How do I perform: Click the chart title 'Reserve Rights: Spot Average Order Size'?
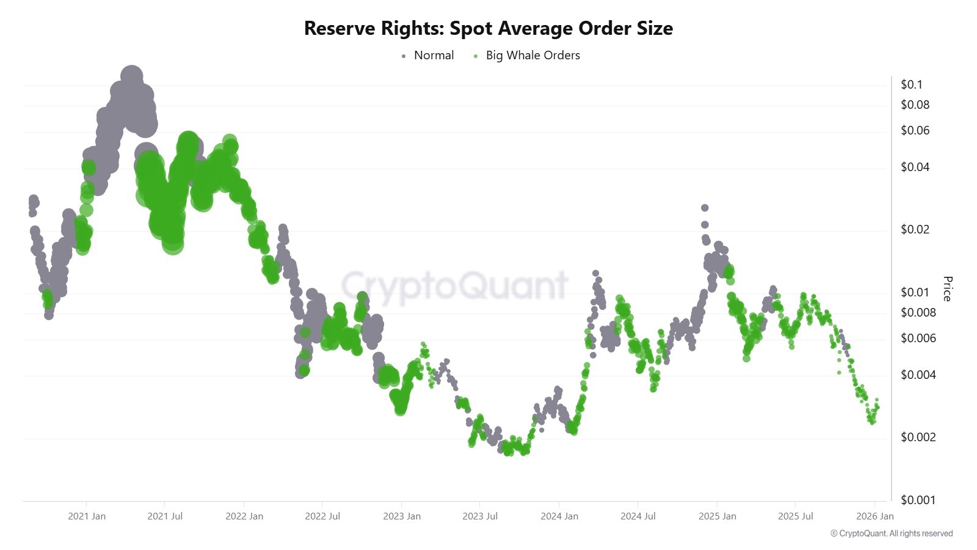(488, 29)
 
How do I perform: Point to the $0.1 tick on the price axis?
(912, 85)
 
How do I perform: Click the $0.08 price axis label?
(915, 105)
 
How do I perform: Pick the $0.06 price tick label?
(915, 130)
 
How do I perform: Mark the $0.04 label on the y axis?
(915, 167)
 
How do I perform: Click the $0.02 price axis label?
(915, 229)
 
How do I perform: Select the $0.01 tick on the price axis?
(915, 292)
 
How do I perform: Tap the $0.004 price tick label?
(918, 375)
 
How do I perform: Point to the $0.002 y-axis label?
(918, 437)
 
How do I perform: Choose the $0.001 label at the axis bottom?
(918, 500)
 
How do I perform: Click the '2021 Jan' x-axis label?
(87, 516)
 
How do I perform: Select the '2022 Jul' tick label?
(322, 516)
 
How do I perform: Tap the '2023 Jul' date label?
(480, 516)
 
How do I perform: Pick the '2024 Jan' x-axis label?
(559, 516)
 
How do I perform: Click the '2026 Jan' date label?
(874, 516)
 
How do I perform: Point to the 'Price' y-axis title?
(947, 288)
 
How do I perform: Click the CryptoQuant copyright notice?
(892, 533)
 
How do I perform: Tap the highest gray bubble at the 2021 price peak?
(131, 78)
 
